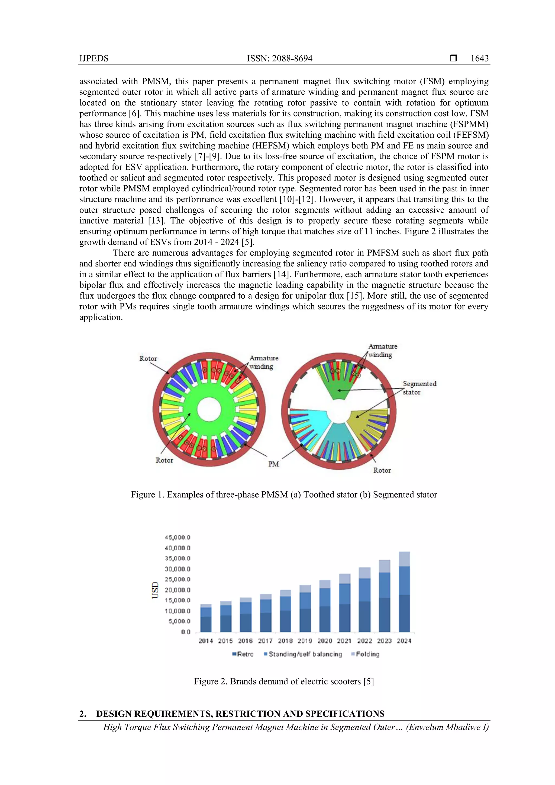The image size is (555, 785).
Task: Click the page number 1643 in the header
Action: coord(479,59)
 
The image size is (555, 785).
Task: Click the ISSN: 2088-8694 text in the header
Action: coord(279,59)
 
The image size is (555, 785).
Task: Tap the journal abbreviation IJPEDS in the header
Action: coord(94,59)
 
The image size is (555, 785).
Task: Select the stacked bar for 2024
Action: coord(404,592)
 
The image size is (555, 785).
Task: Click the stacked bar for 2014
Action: coord(206,619)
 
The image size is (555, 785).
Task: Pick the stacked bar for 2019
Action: coord(305,609)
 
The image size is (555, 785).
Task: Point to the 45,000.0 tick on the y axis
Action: coord(178,537)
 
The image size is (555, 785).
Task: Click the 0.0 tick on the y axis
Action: coord(186,632)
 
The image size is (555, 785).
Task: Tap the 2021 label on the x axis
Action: coord(344,641)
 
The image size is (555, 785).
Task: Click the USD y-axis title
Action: coord(155,590)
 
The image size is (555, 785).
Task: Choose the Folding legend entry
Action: coord(366,654)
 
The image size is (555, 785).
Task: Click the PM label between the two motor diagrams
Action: coord(273,464)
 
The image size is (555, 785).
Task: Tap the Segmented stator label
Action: coord(419,388)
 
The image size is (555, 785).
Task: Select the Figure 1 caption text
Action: coord(284,495)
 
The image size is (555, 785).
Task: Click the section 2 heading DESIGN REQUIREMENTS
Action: coord(240,713)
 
